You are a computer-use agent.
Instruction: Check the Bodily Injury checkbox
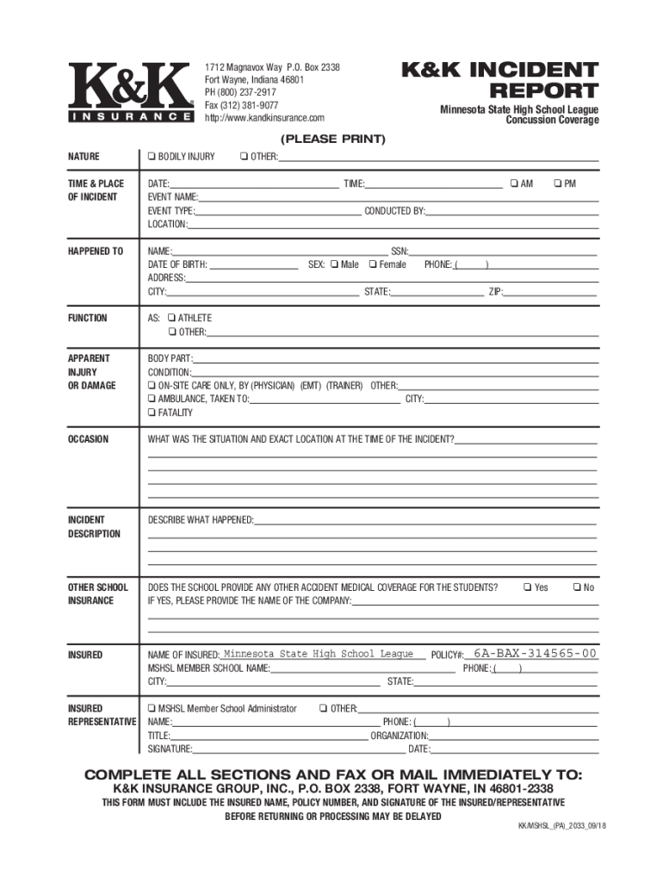pos(152,157)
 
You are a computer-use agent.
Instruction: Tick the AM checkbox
pos(514,183)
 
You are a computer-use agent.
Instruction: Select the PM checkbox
pos(558,183)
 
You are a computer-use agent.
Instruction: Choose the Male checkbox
pos(334,264)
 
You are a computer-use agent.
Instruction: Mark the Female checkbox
pos(373,264)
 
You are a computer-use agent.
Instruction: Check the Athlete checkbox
pos(172,319)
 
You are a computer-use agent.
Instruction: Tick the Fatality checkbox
pos(152,413)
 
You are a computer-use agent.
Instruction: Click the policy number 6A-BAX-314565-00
pos(535,654)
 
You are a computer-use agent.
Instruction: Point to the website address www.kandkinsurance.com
pos(264,117)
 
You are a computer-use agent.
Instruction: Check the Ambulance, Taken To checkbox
pos(152,400)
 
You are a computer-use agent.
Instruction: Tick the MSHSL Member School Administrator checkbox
pos(152,709)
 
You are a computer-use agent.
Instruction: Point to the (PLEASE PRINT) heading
pos(331,139)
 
